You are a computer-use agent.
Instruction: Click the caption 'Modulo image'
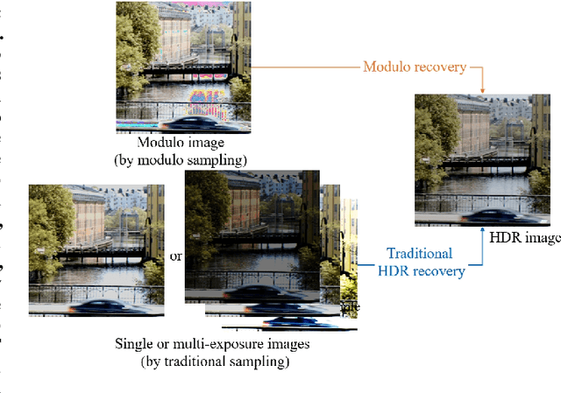pyautogui.click(x=181, y=143)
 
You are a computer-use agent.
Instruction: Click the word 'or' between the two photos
pyautogui.click(x=175, y=256)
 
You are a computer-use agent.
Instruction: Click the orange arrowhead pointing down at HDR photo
pyautogui.click(x=483, y=87)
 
